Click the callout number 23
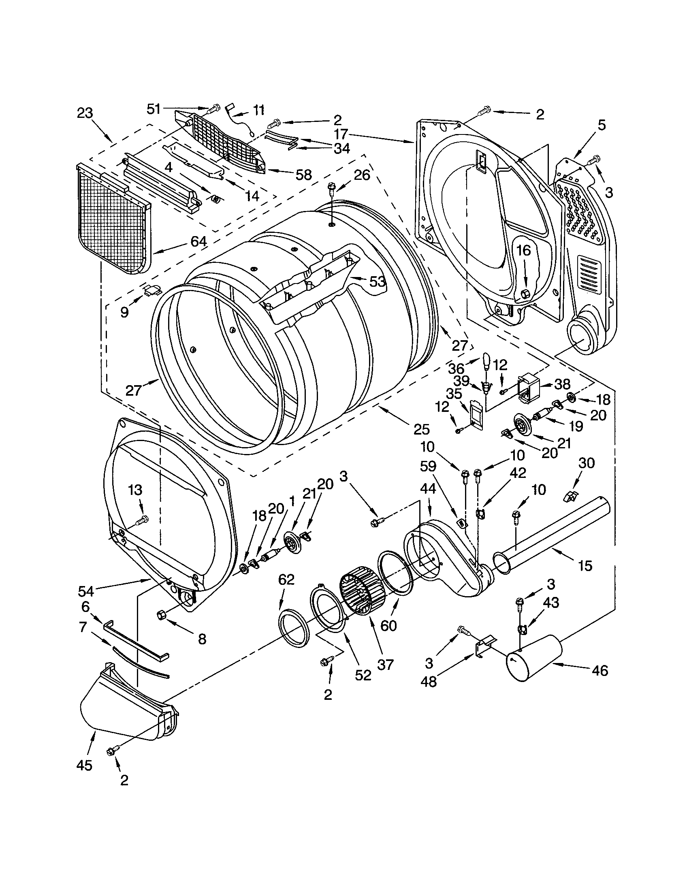coord(85,113)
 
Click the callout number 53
coord(378,281)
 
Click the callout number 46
coord(599,670)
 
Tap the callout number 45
coord(84,765)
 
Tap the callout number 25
coord(421,429)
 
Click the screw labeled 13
coord(144,519)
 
